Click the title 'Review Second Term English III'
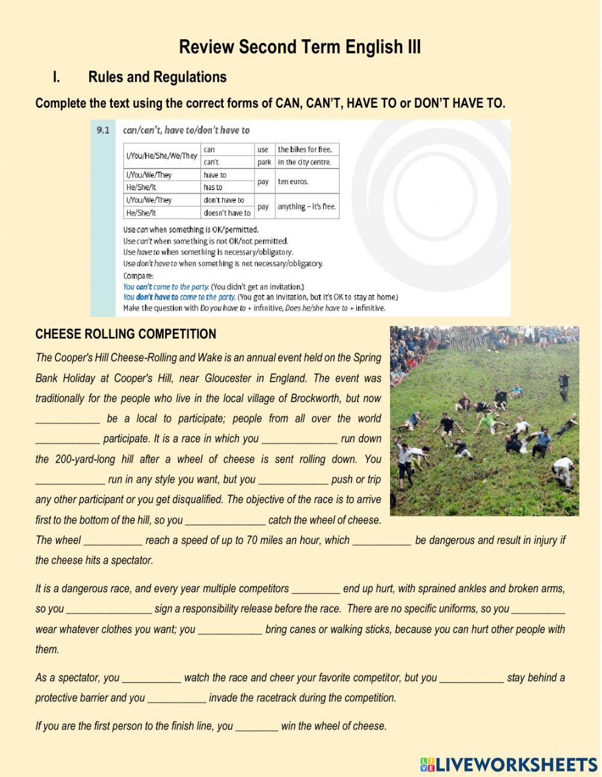tap(300, 47)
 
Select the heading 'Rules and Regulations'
tap(157, 77)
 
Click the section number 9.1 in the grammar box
tap(103, 130)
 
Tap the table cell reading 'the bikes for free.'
tap(305, 149)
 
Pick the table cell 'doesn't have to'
tap(227, 213)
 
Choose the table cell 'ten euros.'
tap(293, 181)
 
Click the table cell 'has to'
tap(213, 187)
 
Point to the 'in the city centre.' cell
tap(305, 162)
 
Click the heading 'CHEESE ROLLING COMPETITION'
tap(125, 334)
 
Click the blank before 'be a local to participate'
tap(67, 419)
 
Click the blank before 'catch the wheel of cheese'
tap(225, 521)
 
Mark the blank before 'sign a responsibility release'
tap(109, 609)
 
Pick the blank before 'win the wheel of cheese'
tap(256, 726)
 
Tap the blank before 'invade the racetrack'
tap(176, 698)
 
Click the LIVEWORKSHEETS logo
tap(509, 764)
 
